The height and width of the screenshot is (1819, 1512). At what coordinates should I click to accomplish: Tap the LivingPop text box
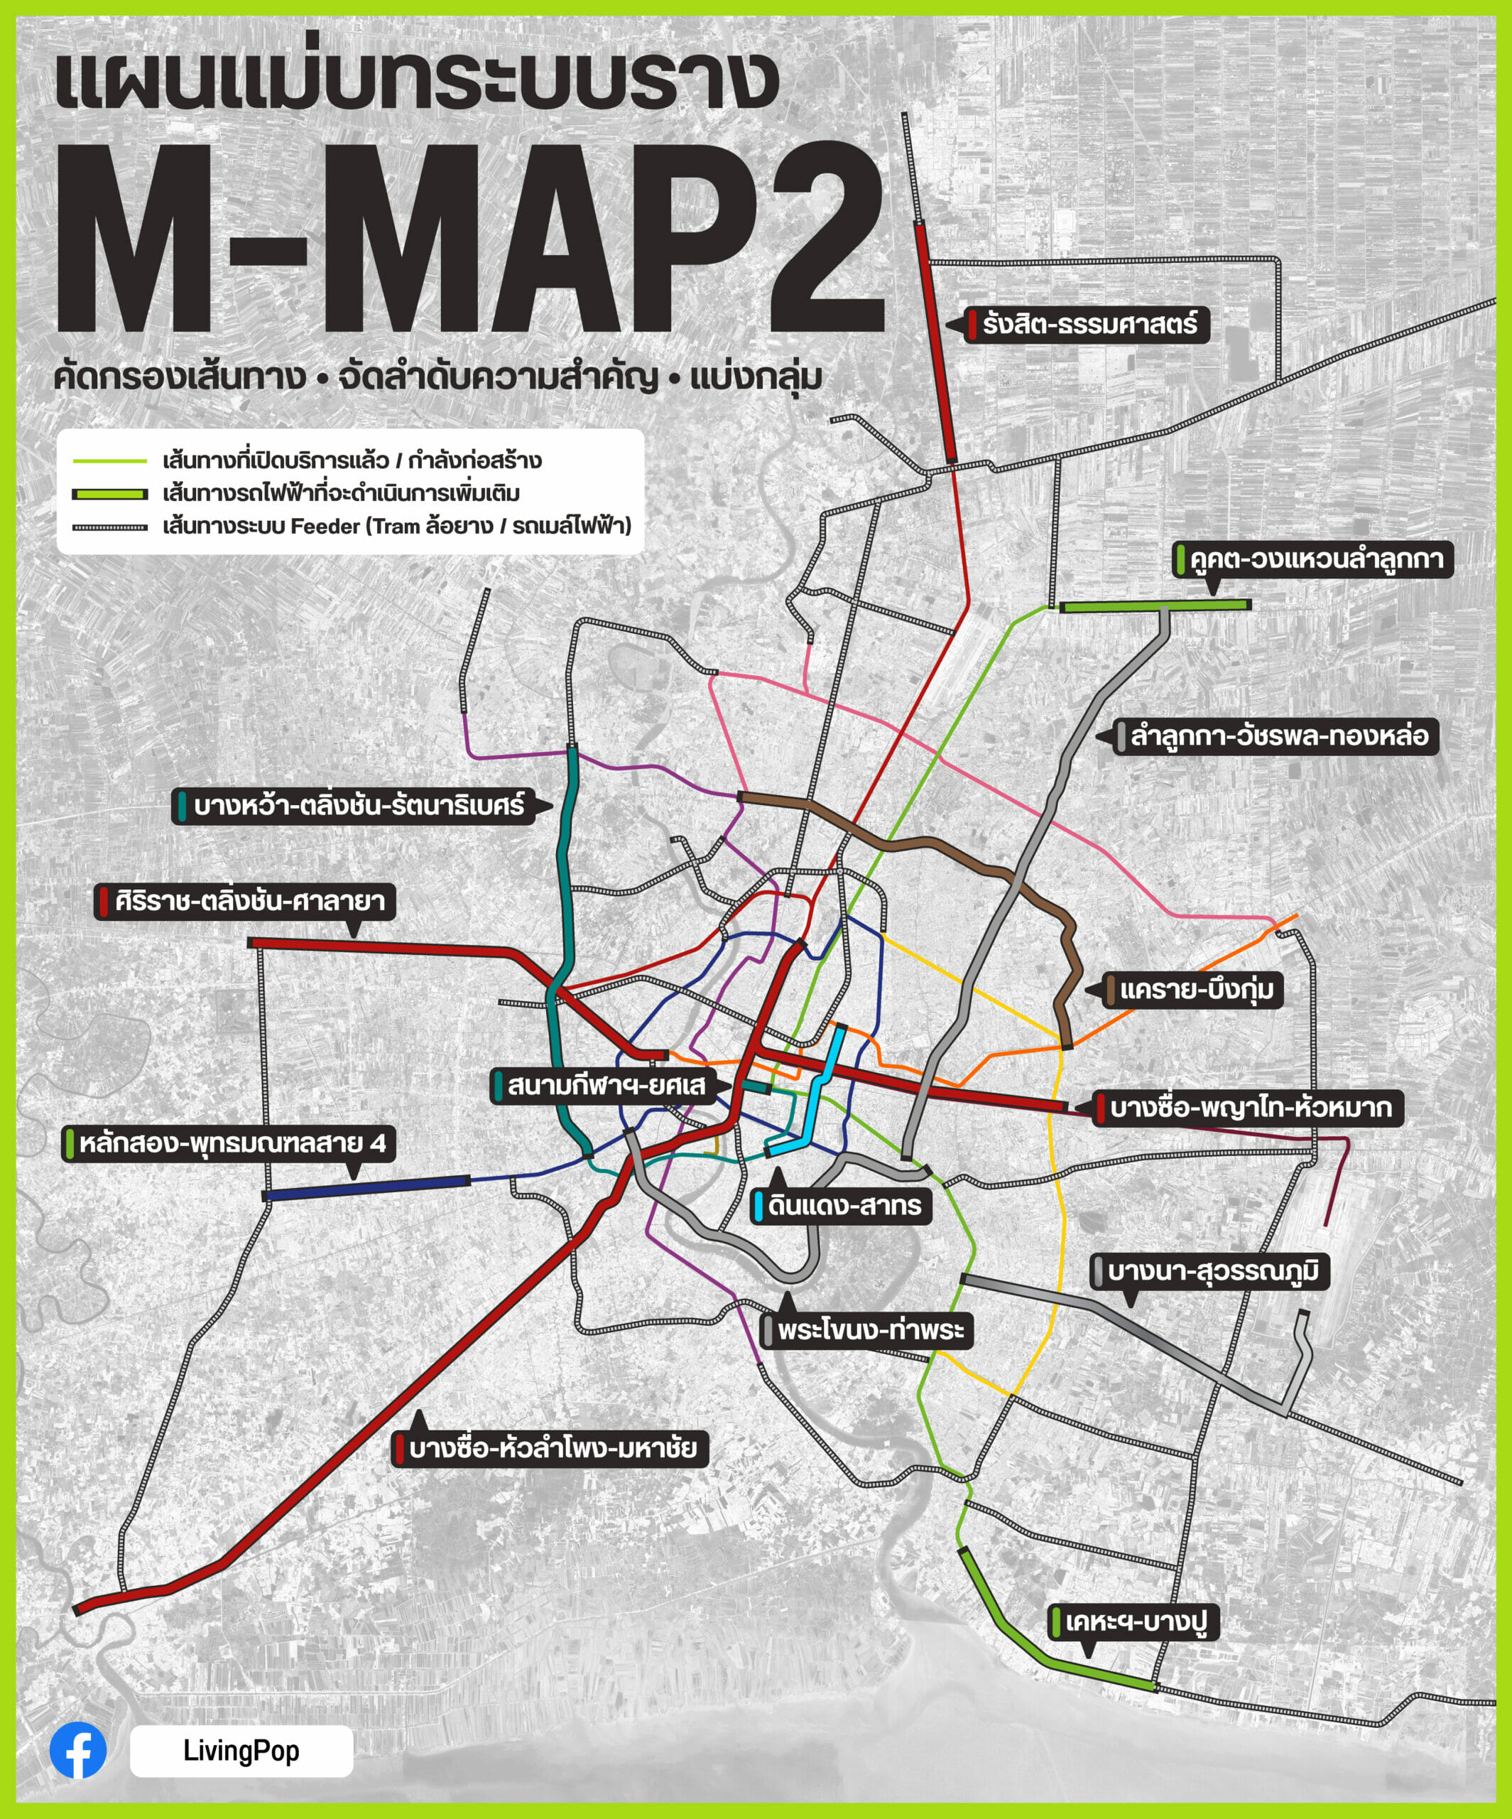241,1751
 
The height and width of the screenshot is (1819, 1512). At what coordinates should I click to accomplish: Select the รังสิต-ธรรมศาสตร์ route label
1088,325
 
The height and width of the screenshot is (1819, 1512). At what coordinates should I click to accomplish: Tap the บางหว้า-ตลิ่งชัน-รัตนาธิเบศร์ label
355,806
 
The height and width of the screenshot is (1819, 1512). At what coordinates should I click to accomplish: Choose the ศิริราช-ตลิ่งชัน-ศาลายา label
245,901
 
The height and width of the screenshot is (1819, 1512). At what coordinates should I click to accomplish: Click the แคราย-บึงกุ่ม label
1193,989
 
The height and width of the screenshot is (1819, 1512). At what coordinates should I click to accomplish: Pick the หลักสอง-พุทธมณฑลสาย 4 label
229,1143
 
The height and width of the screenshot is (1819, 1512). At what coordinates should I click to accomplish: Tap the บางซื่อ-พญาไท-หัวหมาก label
1247,1108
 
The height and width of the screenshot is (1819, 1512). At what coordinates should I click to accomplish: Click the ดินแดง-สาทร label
841,1206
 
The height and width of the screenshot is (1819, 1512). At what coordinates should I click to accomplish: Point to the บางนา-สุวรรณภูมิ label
1209,1272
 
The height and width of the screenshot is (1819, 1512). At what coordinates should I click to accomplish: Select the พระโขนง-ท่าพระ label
867,1329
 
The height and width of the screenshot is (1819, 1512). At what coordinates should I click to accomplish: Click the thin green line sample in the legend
110,461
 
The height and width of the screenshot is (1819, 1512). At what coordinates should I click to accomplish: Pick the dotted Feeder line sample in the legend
110,527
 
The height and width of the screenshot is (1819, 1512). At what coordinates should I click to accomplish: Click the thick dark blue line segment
367,1187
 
